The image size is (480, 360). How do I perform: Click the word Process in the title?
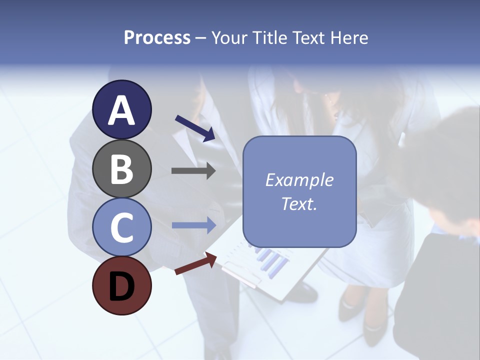(x=157, y=37)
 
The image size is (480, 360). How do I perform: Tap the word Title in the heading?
(x=269, y=37)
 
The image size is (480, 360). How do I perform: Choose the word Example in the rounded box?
(x=299, y=180)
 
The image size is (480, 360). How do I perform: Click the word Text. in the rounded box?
(x=299, y=204)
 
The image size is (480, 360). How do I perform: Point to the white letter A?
(x=122, y=111)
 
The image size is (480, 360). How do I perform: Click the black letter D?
(x=122, y=286)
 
